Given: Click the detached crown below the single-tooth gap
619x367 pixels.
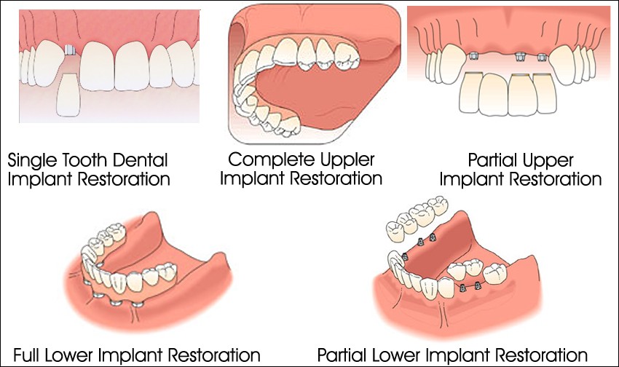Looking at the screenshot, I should click(x=68, y=94).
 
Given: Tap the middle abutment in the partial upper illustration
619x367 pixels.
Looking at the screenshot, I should click(x=521, y=56).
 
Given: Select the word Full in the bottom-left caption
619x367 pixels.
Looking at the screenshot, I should click(x=25, y=355).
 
